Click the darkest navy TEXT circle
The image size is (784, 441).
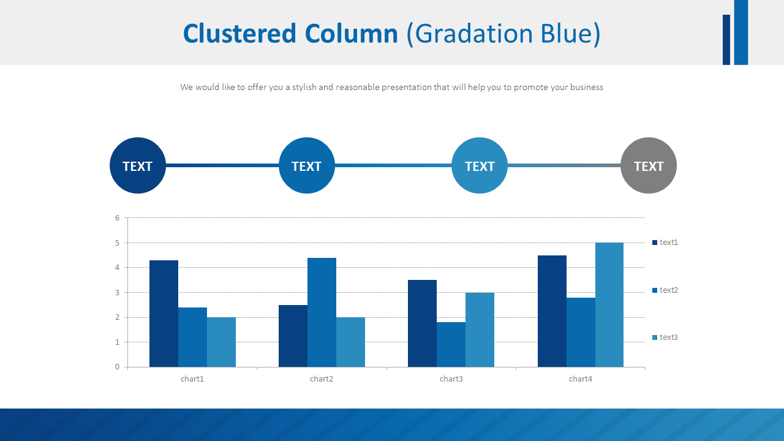tap(138, 165)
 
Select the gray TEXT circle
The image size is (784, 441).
tap(649, 165)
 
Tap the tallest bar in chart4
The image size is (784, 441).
tap(609, 304)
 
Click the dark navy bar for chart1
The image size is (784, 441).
tap(164, 314)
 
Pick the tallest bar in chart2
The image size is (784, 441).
tap(322, 312)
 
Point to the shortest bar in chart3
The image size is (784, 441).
tap(451, 344)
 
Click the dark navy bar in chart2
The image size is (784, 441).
tap(293, 336)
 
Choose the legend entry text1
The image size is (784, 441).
tap(665, 243)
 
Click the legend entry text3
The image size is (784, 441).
tap(665, 337)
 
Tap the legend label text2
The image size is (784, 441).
tap(668, 290)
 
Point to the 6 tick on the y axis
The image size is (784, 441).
tap(117, 218)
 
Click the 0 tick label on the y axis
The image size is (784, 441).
tap(117, 367)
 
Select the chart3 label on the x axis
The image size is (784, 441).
tap(451, 379)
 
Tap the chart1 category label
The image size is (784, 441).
tap(192, 379)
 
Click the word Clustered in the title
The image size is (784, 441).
tap(239, 34)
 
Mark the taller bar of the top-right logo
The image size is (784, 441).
tap(741, 32)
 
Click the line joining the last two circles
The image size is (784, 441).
tap(563, 165)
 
